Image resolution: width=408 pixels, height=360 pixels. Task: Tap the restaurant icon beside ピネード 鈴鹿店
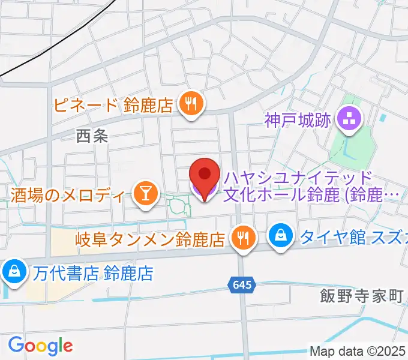tap(191, 104)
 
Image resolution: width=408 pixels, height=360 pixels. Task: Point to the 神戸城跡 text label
tap(298, 120)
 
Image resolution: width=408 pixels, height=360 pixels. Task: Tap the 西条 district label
tap(92, 136)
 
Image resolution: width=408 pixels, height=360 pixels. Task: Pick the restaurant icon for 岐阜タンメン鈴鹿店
tap(244, 238)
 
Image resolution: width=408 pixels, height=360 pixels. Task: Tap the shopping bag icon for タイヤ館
tap(280, 236)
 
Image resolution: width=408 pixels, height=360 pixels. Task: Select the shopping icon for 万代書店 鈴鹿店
tap(13, 272)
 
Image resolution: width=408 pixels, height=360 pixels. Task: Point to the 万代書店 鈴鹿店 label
tap(92, 274)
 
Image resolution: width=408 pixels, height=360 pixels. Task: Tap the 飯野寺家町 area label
tap(361, 295)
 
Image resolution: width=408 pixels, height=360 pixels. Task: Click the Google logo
tap(40, 345)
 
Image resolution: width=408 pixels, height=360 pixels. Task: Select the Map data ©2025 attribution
tap(358, 351)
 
